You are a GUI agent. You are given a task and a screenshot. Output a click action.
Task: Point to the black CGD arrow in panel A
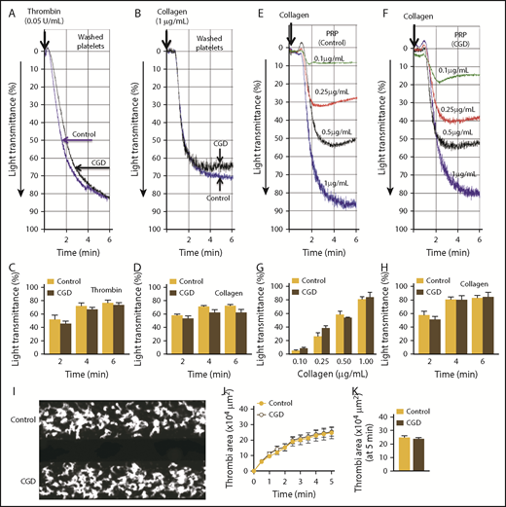[94, 168]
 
